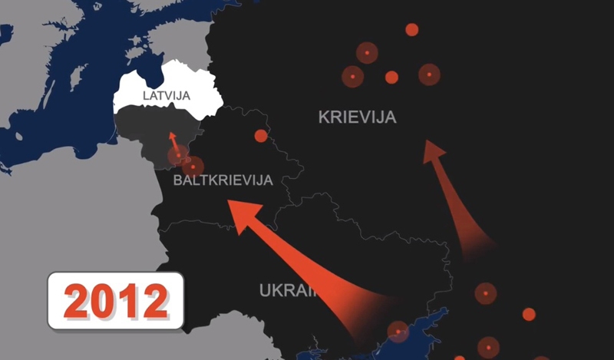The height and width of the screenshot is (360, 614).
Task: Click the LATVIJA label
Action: click(167, 96)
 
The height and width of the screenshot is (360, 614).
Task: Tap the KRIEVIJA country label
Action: click(357, 117)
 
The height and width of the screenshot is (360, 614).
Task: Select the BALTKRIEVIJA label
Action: click(223, 182)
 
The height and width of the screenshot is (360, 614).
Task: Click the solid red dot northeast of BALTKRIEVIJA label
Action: click(261, 136)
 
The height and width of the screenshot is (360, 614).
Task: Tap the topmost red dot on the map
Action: click(411, 30)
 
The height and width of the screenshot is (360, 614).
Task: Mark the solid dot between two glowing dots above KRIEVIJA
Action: click(391, 77)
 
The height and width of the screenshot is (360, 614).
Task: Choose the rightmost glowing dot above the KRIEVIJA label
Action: click(429, 74)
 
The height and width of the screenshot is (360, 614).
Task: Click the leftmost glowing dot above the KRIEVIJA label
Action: click(352, 77)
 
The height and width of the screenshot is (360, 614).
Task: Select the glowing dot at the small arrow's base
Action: click(179, 157)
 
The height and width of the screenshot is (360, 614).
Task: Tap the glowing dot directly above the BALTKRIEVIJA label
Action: click(193, 167)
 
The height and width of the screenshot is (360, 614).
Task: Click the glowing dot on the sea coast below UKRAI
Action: click(398, 331)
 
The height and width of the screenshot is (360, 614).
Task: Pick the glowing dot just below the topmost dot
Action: click(367, 53)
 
